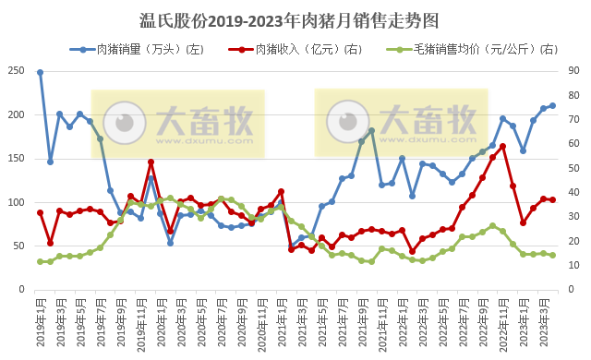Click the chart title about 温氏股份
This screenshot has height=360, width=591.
[x=295, y=19]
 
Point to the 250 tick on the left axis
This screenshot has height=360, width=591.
[x=17, y=71]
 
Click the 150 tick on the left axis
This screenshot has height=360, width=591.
[x=17, y=159]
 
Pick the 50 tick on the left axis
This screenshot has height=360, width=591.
[x=19, y=246]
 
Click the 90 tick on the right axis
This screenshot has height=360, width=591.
[x=573, y=71]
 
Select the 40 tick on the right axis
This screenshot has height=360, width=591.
[x=573, y=192]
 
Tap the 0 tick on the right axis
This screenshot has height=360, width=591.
[x=571, y=289]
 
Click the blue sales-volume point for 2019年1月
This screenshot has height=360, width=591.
[x=40, y=72]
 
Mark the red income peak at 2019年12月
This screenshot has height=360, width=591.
[x=151, y=162]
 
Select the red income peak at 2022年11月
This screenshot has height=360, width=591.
[x=502, y=146]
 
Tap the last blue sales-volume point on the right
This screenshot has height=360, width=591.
[x=552, y=105]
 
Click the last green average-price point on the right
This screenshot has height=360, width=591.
[x=552, y=255]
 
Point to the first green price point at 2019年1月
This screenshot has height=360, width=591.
[x=40, y=261]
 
